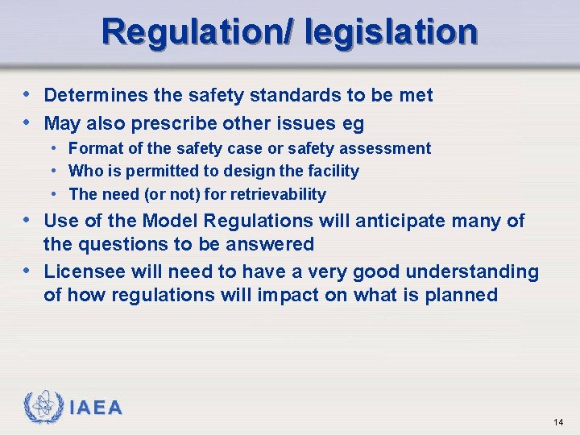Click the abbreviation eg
354,123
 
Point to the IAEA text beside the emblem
96,408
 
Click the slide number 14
559,422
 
